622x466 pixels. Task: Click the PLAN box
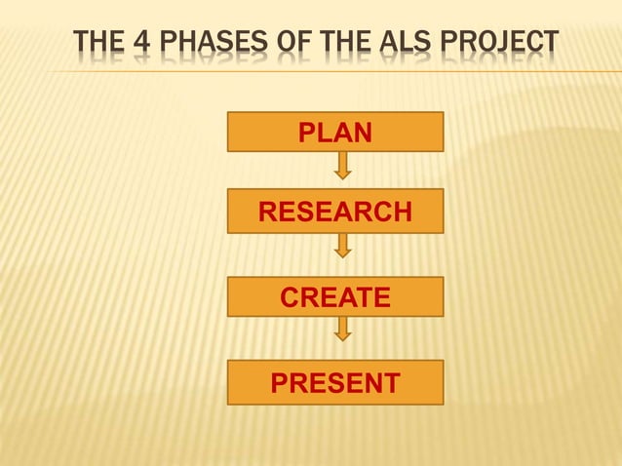pyautogui.click(x=335, y=132)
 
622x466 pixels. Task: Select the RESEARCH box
pyautogui.click(x=335, y=211)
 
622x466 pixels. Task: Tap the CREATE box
pyautogui.click(x=335, y=297)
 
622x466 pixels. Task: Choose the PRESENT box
pyautogui.click(x=335, y=383)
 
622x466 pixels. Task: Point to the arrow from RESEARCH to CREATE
pyautogui.click(x=342, y=245)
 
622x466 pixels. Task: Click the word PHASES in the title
pyautogui.click(x=201, y=44)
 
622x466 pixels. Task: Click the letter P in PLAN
pyautogui.click(x=306, y=132)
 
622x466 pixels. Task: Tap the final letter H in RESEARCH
pyautogui.click(x=401, y=211)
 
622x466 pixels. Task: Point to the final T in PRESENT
pyautogui.click(x=391, y=383)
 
